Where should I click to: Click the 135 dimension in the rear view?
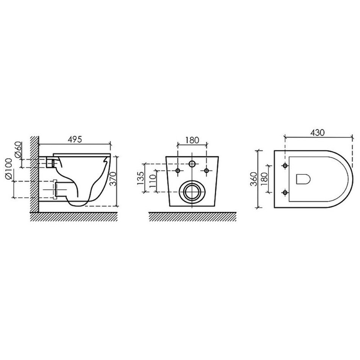tap(140, 178)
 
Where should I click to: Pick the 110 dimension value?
tap(152, 181)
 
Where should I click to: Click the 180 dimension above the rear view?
tap(192, 140)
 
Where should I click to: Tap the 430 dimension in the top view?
tap(318, 133)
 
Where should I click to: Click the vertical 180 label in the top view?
tap(265, 179)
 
